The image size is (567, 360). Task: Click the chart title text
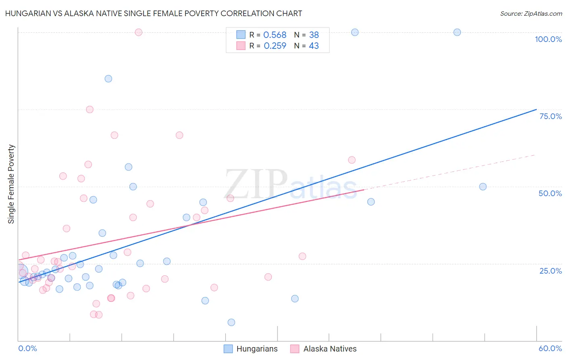click(x=153, y=13)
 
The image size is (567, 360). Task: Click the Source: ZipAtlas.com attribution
click(x=531, y=13)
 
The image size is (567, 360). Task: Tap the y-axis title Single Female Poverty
click(x=11, y=184)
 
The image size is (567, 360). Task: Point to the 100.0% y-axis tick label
click(x=548, y=39)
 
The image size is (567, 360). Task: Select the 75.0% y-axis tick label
click(x=550, y=116)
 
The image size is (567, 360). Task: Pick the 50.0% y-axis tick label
click(x=550, y=193)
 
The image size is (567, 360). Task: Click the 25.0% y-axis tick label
click(x=550, y=270)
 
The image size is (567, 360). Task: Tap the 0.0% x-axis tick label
click(x=27, y=348)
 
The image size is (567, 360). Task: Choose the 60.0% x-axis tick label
click(x=550, y=348)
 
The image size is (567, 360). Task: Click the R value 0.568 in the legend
click(x=275, y=35)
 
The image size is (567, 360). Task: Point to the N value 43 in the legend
click(x=314, y=46)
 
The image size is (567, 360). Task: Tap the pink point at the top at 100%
click(x=138, y=32)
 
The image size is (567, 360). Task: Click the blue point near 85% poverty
click(x=108, y=79)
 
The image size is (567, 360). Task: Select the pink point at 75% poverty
click(x=90, y=109)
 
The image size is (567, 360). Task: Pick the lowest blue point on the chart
click(x=231, y=322)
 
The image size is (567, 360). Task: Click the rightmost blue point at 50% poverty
click(x=483, y=186)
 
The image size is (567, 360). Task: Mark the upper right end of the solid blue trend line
click(x=536, y=109)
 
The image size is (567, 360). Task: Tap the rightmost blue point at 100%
click(x=457, y=32)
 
